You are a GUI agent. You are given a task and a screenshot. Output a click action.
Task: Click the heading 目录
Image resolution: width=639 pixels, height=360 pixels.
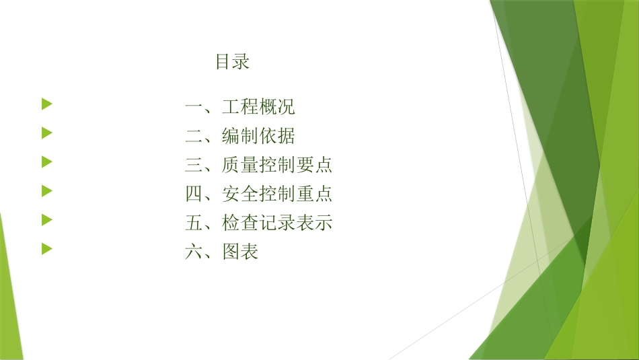coord(232,62)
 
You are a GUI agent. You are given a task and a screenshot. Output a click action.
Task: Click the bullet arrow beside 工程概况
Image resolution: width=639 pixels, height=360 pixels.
coord(46,104)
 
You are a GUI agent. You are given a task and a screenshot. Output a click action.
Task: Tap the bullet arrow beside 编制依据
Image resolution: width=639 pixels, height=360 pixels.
coord(46,133)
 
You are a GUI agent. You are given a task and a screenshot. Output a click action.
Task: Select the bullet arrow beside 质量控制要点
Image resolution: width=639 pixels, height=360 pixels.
coord(46,161)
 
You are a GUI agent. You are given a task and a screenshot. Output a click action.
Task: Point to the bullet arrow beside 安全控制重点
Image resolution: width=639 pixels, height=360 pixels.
coord(46,190)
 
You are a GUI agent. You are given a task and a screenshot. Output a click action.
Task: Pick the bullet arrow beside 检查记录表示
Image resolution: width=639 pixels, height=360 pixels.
coord(46,219)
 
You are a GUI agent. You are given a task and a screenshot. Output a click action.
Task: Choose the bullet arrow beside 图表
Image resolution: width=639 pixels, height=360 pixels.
coord(46,248)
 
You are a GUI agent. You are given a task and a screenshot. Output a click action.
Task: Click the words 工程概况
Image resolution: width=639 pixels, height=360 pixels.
coord(258,107)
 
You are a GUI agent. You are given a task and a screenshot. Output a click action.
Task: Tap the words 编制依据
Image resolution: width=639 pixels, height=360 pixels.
coord(258,137)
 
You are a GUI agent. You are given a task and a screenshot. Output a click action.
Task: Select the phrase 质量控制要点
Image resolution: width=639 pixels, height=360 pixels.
coord(277,166)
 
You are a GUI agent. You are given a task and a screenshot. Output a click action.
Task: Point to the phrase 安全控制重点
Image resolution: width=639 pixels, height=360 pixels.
coord(277,194)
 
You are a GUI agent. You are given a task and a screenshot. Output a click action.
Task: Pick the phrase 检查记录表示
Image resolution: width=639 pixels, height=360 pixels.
coord(277,223)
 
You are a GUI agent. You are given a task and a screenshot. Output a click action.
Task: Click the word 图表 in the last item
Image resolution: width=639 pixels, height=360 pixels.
coord(240,252)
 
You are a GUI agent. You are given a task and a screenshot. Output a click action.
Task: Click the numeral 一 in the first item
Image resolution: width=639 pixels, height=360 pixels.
coord(194,107)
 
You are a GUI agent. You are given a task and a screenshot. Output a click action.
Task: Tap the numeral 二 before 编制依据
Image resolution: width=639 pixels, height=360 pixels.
coord(194,137)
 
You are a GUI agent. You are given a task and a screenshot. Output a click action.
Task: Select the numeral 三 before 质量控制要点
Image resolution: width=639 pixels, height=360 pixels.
coord(194,166)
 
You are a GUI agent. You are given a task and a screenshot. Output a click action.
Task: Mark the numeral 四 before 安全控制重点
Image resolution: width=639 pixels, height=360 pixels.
coord(194,194)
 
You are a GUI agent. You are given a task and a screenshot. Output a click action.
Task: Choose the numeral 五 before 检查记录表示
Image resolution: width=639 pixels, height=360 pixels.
coord(194,223)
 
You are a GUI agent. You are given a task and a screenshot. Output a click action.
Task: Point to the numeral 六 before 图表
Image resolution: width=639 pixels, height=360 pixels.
coord(194,252)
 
